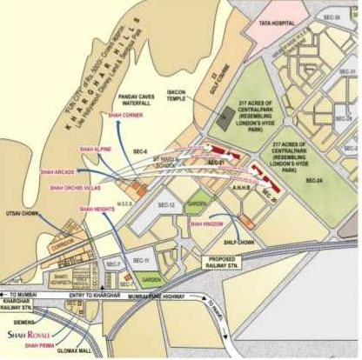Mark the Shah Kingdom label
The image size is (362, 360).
click(206, 223)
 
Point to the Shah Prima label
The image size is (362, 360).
click(40, 344)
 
